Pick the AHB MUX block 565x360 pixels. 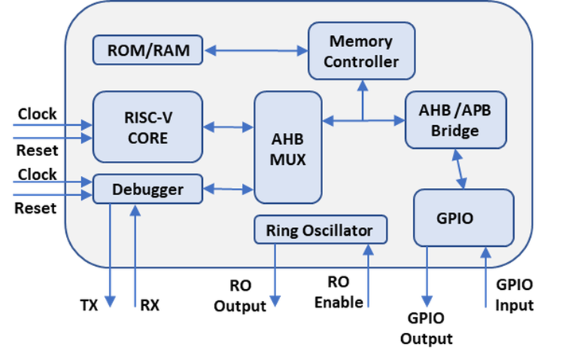point(287,148)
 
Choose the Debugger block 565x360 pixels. point(148,190)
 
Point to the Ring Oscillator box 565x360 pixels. point(320,230)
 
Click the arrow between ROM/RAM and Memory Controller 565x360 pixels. point(255,51)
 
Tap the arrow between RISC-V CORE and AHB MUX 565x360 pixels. point(228,127)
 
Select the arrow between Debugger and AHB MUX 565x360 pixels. point(228,190)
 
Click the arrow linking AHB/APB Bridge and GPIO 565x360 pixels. point(458,169)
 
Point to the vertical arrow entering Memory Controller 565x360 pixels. point(362,99)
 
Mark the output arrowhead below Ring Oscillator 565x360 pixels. point(275,302)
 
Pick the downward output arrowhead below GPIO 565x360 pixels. point(427,302)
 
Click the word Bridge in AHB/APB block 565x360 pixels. point(456,130)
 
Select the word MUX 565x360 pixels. point(287,158)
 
